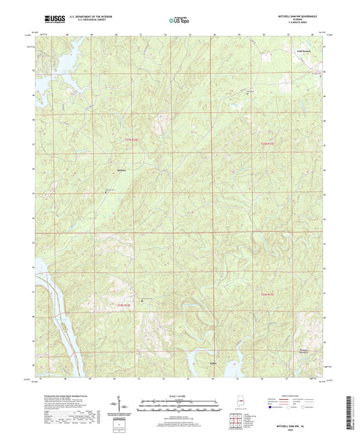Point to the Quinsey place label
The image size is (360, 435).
122,170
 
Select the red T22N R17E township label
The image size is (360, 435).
269,143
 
